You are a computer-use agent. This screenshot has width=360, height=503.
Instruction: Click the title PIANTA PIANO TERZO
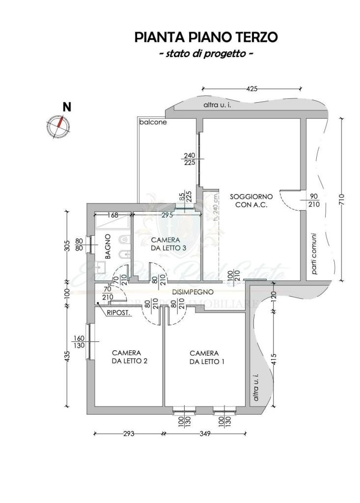click(x=206, y=37)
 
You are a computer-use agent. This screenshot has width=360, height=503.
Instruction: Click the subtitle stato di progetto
click(x=206, y=53)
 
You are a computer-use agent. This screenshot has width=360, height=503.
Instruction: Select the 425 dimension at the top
click(x=252, y=89)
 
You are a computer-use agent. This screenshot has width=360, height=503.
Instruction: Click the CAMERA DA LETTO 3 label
click(x=168, y=244)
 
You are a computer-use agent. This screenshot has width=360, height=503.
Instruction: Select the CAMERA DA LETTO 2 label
click(x=126, y=357)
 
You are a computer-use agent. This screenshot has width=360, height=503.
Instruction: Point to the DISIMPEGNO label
click(x=192, y=292)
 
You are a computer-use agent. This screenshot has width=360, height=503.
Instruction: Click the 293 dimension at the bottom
click(x=128, y=434)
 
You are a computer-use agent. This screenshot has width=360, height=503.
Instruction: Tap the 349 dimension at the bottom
click(x=205, y=434)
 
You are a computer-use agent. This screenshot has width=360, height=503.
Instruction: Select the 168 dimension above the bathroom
click(x=113, y=215)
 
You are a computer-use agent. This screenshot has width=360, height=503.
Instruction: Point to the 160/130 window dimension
click(x=79, y=342)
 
